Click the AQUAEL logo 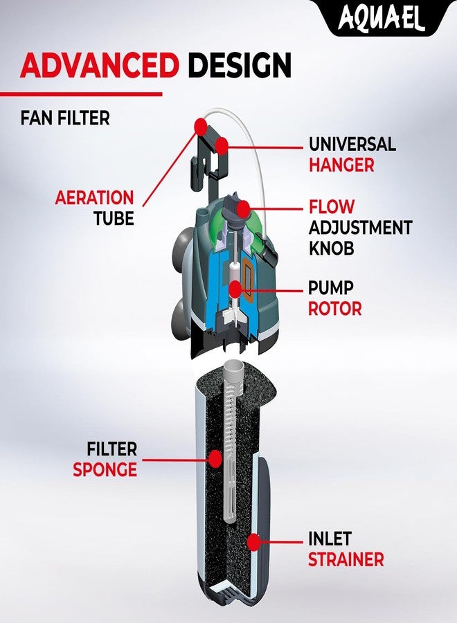tap(381, 18)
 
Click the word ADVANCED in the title tap(99, 65)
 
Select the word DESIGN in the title tap(240, 65)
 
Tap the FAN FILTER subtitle tap(65, 118)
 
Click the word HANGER tap(342, 165)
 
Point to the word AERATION tap(95, 197)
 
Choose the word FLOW tap(332, 206)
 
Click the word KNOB tap(332, 249)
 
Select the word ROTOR tap(335, 309)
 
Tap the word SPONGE tap(105, 469)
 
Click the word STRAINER tap(346, 559)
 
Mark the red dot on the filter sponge tap(215, 458)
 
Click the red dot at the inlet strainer tap(253, 542)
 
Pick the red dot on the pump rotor tap(235, 289)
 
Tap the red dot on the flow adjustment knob tap(243, 208)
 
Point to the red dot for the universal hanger tap(222, 145)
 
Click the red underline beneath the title tap(81, 94)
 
